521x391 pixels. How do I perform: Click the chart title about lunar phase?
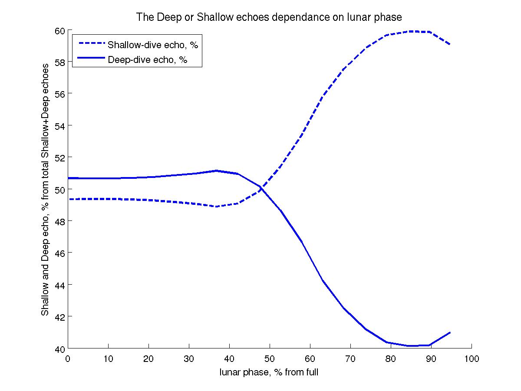269,17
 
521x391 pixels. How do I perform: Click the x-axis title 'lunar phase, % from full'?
269,372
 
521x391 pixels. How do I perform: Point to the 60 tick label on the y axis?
59,30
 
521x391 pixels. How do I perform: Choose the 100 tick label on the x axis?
472,359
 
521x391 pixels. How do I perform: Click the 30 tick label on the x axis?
189,359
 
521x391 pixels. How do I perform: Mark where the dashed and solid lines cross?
262,188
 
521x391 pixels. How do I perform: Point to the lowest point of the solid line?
410,346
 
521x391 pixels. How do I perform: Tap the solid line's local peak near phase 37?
216,171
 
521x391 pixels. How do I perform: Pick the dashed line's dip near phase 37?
216,207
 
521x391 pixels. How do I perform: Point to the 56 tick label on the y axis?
59,94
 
